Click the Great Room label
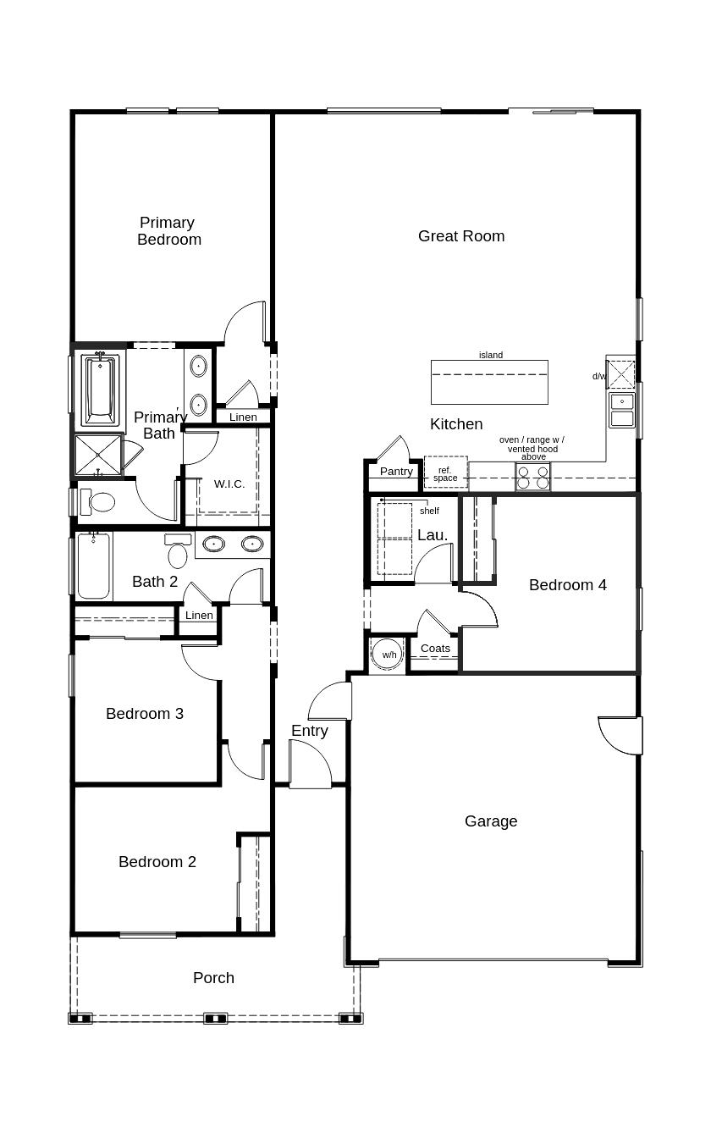(461, 236)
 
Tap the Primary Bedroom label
(168, 231)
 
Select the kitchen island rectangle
(489, 382)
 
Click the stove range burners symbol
(533, 477)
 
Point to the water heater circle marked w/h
(389, 655)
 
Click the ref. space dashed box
(445, 473)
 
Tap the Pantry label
(396, 472)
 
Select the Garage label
(491, 821)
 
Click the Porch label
(213, 978)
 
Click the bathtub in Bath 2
(94, 566)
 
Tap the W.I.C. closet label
(229, 484)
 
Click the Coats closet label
(435, 649)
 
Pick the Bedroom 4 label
(567, 585)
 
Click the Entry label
(310, 731)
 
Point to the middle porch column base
(216, 1018)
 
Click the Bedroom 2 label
(157, 862)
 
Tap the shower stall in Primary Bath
(98, 455)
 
